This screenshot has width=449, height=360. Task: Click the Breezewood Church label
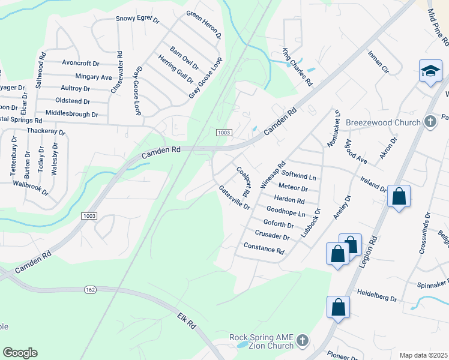coord(383,123)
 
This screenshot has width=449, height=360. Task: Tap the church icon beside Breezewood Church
coord(430,122)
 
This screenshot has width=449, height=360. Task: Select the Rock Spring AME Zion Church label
coord(262,341)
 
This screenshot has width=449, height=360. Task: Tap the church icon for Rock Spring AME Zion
coord(303,341)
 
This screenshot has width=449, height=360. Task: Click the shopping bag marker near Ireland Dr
coord(399,197)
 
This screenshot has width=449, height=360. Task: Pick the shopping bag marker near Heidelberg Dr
coord(338,307)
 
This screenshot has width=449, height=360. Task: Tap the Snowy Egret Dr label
coord(137,19)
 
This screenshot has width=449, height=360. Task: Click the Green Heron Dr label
coord(204,25)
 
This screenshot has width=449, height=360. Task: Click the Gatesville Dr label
coord(234,197)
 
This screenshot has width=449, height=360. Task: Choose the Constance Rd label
coord(264,248)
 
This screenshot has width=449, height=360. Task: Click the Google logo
coord(20,353)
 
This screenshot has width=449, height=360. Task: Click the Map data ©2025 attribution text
coord(423,355)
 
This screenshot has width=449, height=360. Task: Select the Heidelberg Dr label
coord(377,297)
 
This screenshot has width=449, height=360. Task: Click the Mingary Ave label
coord(94,77)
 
